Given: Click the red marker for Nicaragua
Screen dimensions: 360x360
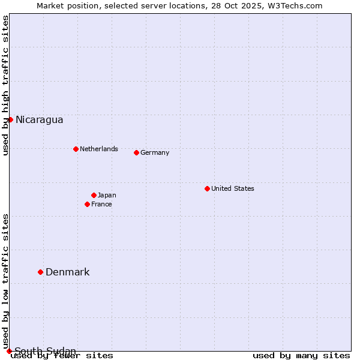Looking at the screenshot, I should coord(10,119).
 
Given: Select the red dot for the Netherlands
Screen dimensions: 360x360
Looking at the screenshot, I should coord(76,149).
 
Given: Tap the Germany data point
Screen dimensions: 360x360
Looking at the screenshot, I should coord(136,152).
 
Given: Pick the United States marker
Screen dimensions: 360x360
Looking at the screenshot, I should coord(207,188).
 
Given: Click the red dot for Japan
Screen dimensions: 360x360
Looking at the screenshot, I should coord(94,195).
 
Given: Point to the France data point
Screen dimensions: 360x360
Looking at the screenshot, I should coord(87,204).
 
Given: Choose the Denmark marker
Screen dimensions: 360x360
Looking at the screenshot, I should coord(40,272).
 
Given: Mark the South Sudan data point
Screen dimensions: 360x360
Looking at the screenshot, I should coord(9,351).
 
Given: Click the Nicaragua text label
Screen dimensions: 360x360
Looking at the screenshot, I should coord(39,119).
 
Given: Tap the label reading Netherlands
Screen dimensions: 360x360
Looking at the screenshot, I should coord(98,149).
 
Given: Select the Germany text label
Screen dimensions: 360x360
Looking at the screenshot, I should coord(155,152).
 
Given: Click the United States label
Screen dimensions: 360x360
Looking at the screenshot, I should coord(232,188).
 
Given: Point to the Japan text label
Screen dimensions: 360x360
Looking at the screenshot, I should coord(107,195).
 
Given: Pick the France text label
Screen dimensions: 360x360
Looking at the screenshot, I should coord(101,204).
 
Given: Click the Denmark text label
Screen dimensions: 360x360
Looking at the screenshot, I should coord(67,272).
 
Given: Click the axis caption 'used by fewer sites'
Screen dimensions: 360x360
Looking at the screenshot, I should coord(62,356).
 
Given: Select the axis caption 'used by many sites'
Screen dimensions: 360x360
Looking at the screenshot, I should coord(301,356).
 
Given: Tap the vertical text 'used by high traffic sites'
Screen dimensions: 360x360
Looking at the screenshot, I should coord(5,86).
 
